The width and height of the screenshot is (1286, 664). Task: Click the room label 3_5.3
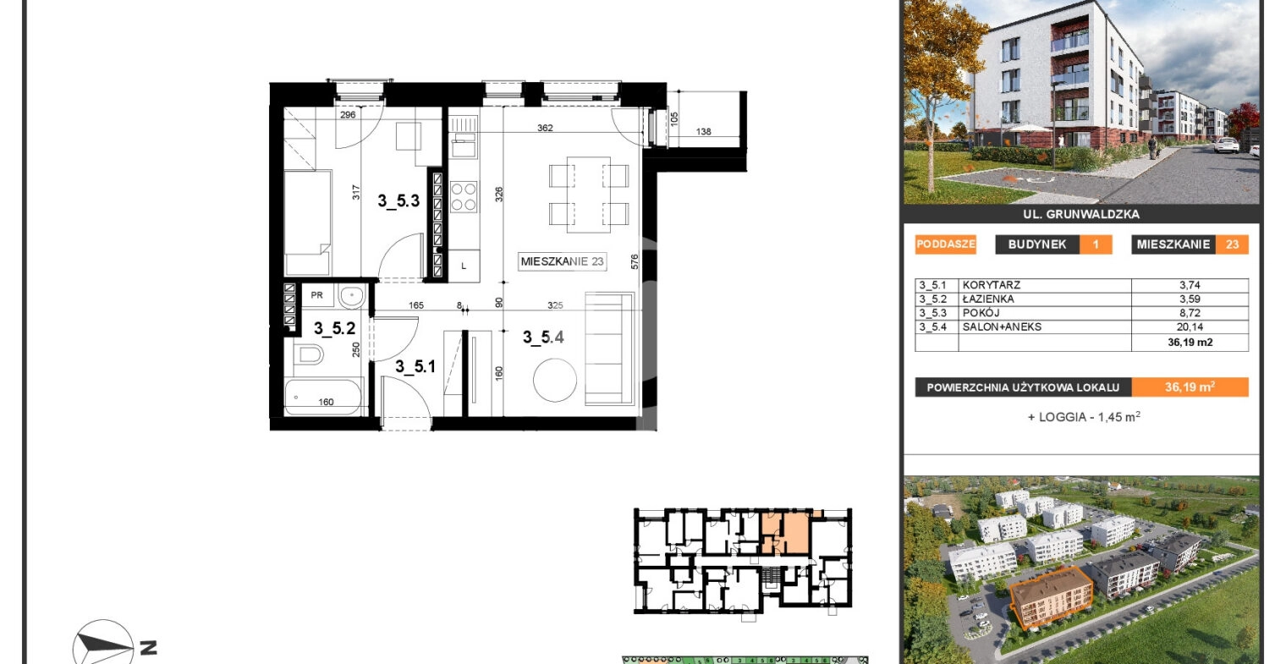398,200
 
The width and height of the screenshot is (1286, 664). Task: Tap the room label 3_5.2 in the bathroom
334,328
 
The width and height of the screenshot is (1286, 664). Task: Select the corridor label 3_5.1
415,366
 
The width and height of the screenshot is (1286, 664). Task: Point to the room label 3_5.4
543,337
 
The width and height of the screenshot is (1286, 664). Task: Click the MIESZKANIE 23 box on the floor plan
562,261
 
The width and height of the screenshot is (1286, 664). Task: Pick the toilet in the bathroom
308,354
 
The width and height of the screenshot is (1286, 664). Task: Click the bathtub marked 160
324,397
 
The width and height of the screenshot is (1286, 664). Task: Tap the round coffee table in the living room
555,380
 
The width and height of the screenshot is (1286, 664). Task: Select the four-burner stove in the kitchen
464,197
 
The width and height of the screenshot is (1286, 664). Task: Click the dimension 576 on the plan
634,261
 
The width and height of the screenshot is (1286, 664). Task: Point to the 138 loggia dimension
703,131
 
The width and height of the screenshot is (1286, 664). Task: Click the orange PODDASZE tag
945,244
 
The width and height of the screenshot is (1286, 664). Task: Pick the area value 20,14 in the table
1190,327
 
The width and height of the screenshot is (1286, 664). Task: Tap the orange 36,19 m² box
1190,387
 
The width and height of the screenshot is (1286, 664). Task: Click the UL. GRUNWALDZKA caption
1081,214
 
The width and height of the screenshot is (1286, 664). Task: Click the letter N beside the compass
149,649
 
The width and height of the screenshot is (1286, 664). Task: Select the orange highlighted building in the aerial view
1052,597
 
